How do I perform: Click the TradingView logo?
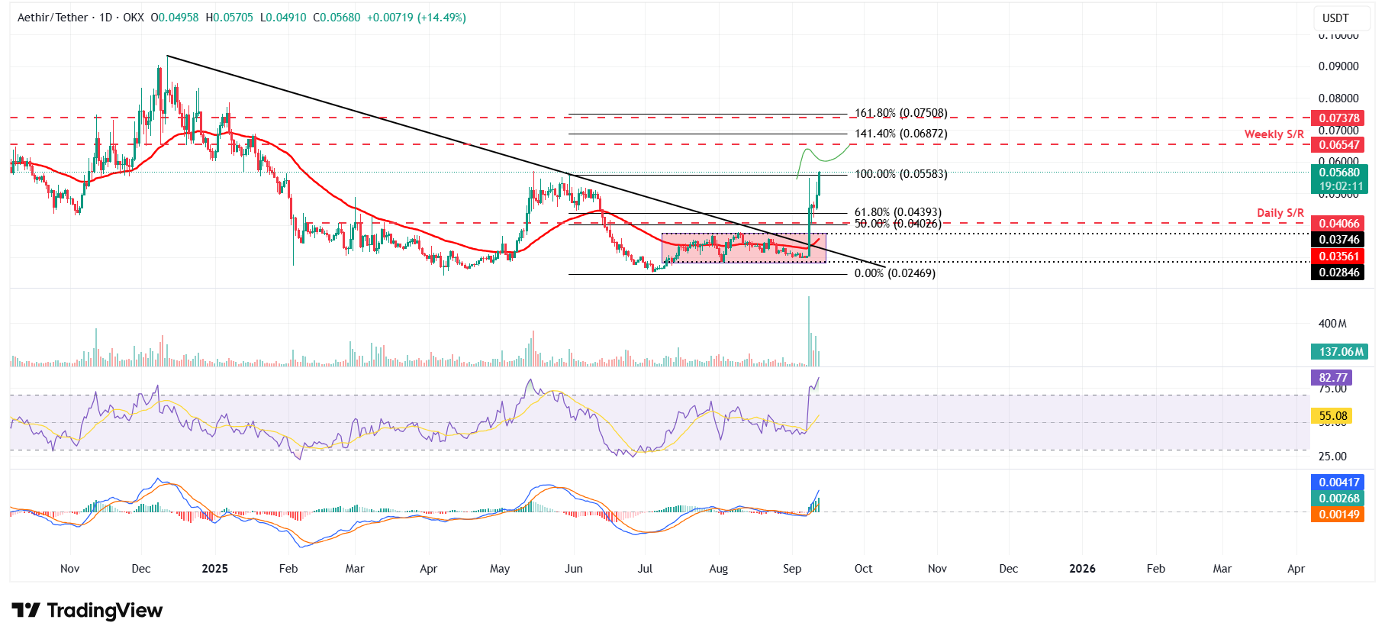click(87, 611)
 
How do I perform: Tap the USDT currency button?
click(1335, 18)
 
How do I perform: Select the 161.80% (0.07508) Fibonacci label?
click(900, 113)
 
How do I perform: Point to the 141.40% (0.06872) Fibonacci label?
click(900, 134)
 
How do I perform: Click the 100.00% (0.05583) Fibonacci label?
click(900, 174)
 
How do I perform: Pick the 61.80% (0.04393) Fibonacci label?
click(897, 212)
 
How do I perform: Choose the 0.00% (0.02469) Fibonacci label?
click(894, 273)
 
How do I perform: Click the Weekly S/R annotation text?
click(1274, 134)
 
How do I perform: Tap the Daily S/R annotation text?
click(1280, 213)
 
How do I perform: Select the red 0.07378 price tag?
click(1339, 118)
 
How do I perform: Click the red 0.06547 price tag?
click(1339, 145)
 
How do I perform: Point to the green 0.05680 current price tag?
click(1339, 173)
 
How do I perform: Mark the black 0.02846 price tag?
click(1339, 273)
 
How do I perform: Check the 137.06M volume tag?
click(1341, 352)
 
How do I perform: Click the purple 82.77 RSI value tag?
click(1332, 378)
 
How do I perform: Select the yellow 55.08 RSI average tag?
click(1332, 416)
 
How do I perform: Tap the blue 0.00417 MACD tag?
click(1339, 482)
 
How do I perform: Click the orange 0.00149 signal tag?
click(1339, 515)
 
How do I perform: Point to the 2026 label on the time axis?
click(1082, 569)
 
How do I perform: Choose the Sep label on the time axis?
click(792, 569)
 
